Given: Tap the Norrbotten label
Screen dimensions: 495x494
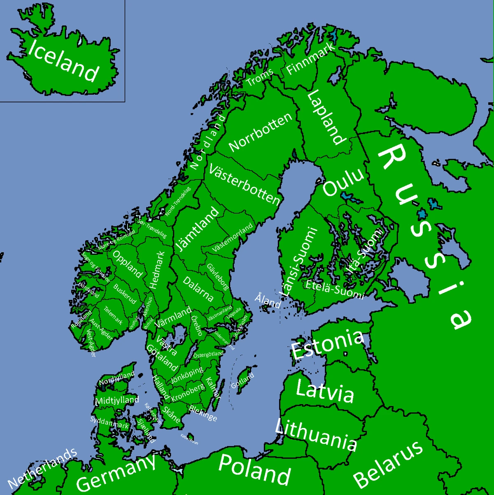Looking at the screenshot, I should point(261,131).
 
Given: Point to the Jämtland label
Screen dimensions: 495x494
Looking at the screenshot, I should point(197,229).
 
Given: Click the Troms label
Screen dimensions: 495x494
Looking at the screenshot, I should point(259,77).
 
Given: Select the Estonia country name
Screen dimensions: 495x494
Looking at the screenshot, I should point(327,344).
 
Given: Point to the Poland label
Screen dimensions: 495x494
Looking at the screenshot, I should point(254,469).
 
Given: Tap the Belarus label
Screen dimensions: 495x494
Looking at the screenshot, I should point(388,465).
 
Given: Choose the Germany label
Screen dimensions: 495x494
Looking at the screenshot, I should point(116,472).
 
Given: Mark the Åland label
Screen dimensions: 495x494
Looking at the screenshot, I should point(268,300).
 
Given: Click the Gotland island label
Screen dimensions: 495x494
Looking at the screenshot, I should point(242,381).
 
